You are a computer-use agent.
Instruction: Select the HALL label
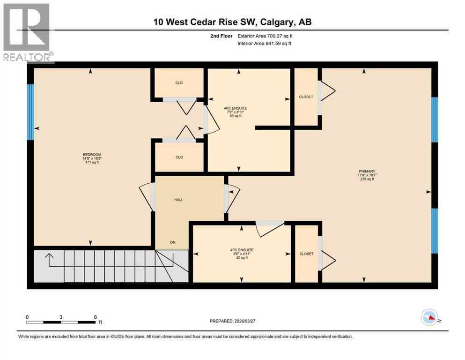pos(178,200)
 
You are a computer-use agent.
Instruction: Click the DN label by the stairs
pos(173,242)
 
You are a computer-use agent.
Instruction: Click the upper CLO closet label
pos(179,83)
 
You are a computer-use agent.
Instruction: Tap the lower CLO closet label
pos(179,157)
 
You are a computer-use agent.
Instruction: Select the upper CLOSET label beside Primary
pos(306,97)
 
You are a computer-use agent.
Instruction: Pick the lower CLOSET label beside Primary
pos(306,254)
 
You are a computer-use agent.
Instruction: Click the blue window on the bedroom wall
pos(30,112)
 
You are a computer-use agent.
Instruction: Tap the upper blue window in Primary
pos(434,120)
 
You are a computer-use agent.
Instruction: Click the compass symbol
pos(430,318)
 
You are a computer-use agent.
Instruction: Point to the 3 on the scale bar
pos(61,317)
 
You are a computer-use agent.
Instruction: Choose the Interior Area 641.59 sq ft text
pos(265,44)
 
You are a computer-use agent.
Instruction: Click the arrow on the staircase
pos(49,255)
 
